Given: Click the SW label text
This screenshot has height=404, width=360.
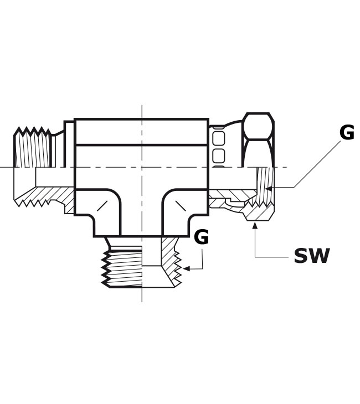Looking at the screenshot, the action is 311,256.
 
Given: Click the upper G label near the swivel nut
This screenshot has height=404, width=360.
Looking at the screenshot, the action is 347,133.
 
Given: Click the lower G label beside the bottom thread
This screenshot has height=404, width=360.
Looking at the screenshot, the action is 201,237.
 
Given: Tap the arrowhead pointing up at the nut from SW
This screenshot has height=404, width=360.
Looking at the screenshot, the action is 255,226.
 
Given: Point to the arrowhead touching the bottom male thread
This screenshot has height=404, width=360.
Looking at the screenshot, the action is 187,268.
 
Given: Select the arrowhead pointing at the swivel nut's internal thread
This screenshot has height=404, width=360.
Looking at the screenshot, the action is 269,189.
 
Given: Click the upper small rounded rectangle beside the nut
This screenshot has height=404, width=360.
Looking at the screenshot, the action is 219,138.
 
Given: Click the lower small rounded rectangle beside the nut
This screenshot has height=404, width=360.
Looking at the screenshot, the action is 219,156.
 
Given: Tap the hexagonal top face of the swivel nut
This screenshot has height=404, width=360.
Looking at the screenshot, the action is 259,126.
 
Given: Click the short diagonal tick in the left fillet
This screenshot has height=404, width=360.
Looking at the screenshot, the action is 102,206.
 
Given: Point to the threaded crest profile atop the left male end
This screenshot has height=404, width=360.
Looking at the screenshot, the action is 33,131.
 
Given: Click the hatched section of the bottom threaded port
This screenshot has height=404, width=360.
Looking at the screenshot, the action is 170,262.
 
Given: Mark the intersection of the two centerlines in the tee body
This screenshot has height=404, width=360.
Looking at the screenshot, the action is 142,167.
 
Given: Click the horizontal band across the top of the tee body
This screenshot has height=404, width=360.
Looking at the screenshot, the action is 141,132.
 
